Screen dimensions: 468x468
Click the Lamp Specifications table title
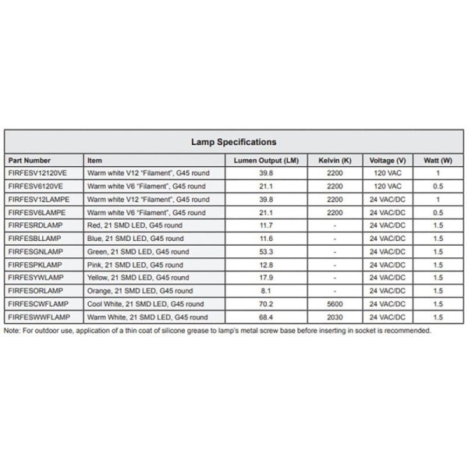pyautogui.click(x=234, y=142)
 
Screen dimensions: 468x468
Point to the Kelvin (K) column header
pyautogui.click(x=335, y=160)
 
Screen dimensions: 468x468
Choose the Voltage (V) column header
pyautogui.click(x=388, y=160)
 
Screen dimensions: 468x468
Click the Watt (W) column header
pyautogui.click(x=438, y=160)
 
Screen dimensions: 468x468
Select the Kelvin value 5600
pyautogui.click(x=335, y=304)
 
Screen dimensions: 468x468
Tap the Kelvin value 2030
pyautogui.click(x=335, y=317)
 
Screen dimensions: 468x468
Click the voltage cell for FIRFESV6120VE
pyautogui.click(x=388, y=186)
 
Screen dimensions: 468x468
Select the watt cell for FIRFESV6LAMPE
pyautogui.click(x=438, y=212)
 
